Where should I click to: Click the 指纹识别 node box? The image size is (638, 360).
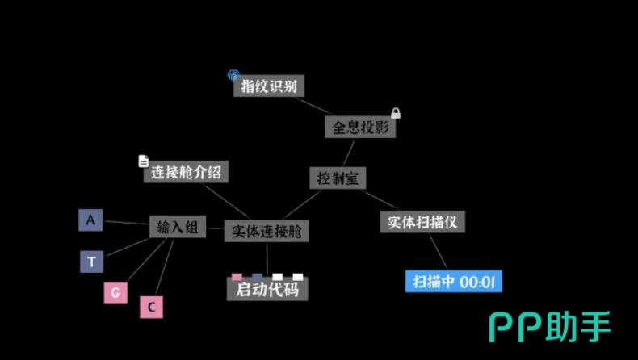click(269, 86)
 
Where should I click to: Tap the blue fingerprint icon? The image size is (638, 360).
click(233, 75)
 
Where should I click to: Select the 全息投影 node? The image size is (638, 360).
click(360, 127)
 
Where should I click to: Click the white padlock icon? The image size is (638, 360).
click(396, 113)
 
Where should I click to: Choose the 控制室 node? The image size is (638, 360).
click(338, 178)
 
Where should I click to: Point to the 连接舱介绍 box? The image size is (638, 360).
click(186, 172)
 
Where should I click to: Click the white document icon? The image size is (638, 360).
click(143, 161)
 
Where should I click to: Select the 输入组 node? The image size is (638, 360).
click(178, 227)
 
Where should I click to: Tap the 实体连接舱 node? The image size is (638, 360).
click(267, 231)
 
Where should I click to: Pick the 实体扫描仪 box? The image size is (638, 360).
click(422, 222)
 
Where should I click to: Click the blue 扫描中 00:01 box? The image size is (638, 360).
click(454, 281)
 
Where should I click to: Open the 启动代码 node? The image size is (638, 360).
click(267, 289)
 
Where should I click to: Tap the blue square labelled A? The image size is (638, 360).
click(90, 220)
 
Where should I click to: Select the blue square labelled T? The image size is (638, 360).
click(91, 262)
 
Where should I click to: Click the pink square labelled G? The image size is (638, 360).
click(115, 293)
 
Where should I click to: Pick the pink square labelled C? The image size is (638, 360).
click(151, 307)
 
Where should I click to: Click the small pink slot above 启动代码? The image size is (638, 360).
click(237, 277)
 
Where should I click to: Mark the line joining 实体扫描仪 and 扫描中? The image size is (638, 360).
click(439, 251)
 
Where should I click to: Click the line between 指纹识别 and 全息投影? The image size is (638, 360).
click(313, 107)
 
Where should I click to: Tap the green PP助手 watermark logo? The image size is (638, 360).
click(550, 327)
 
